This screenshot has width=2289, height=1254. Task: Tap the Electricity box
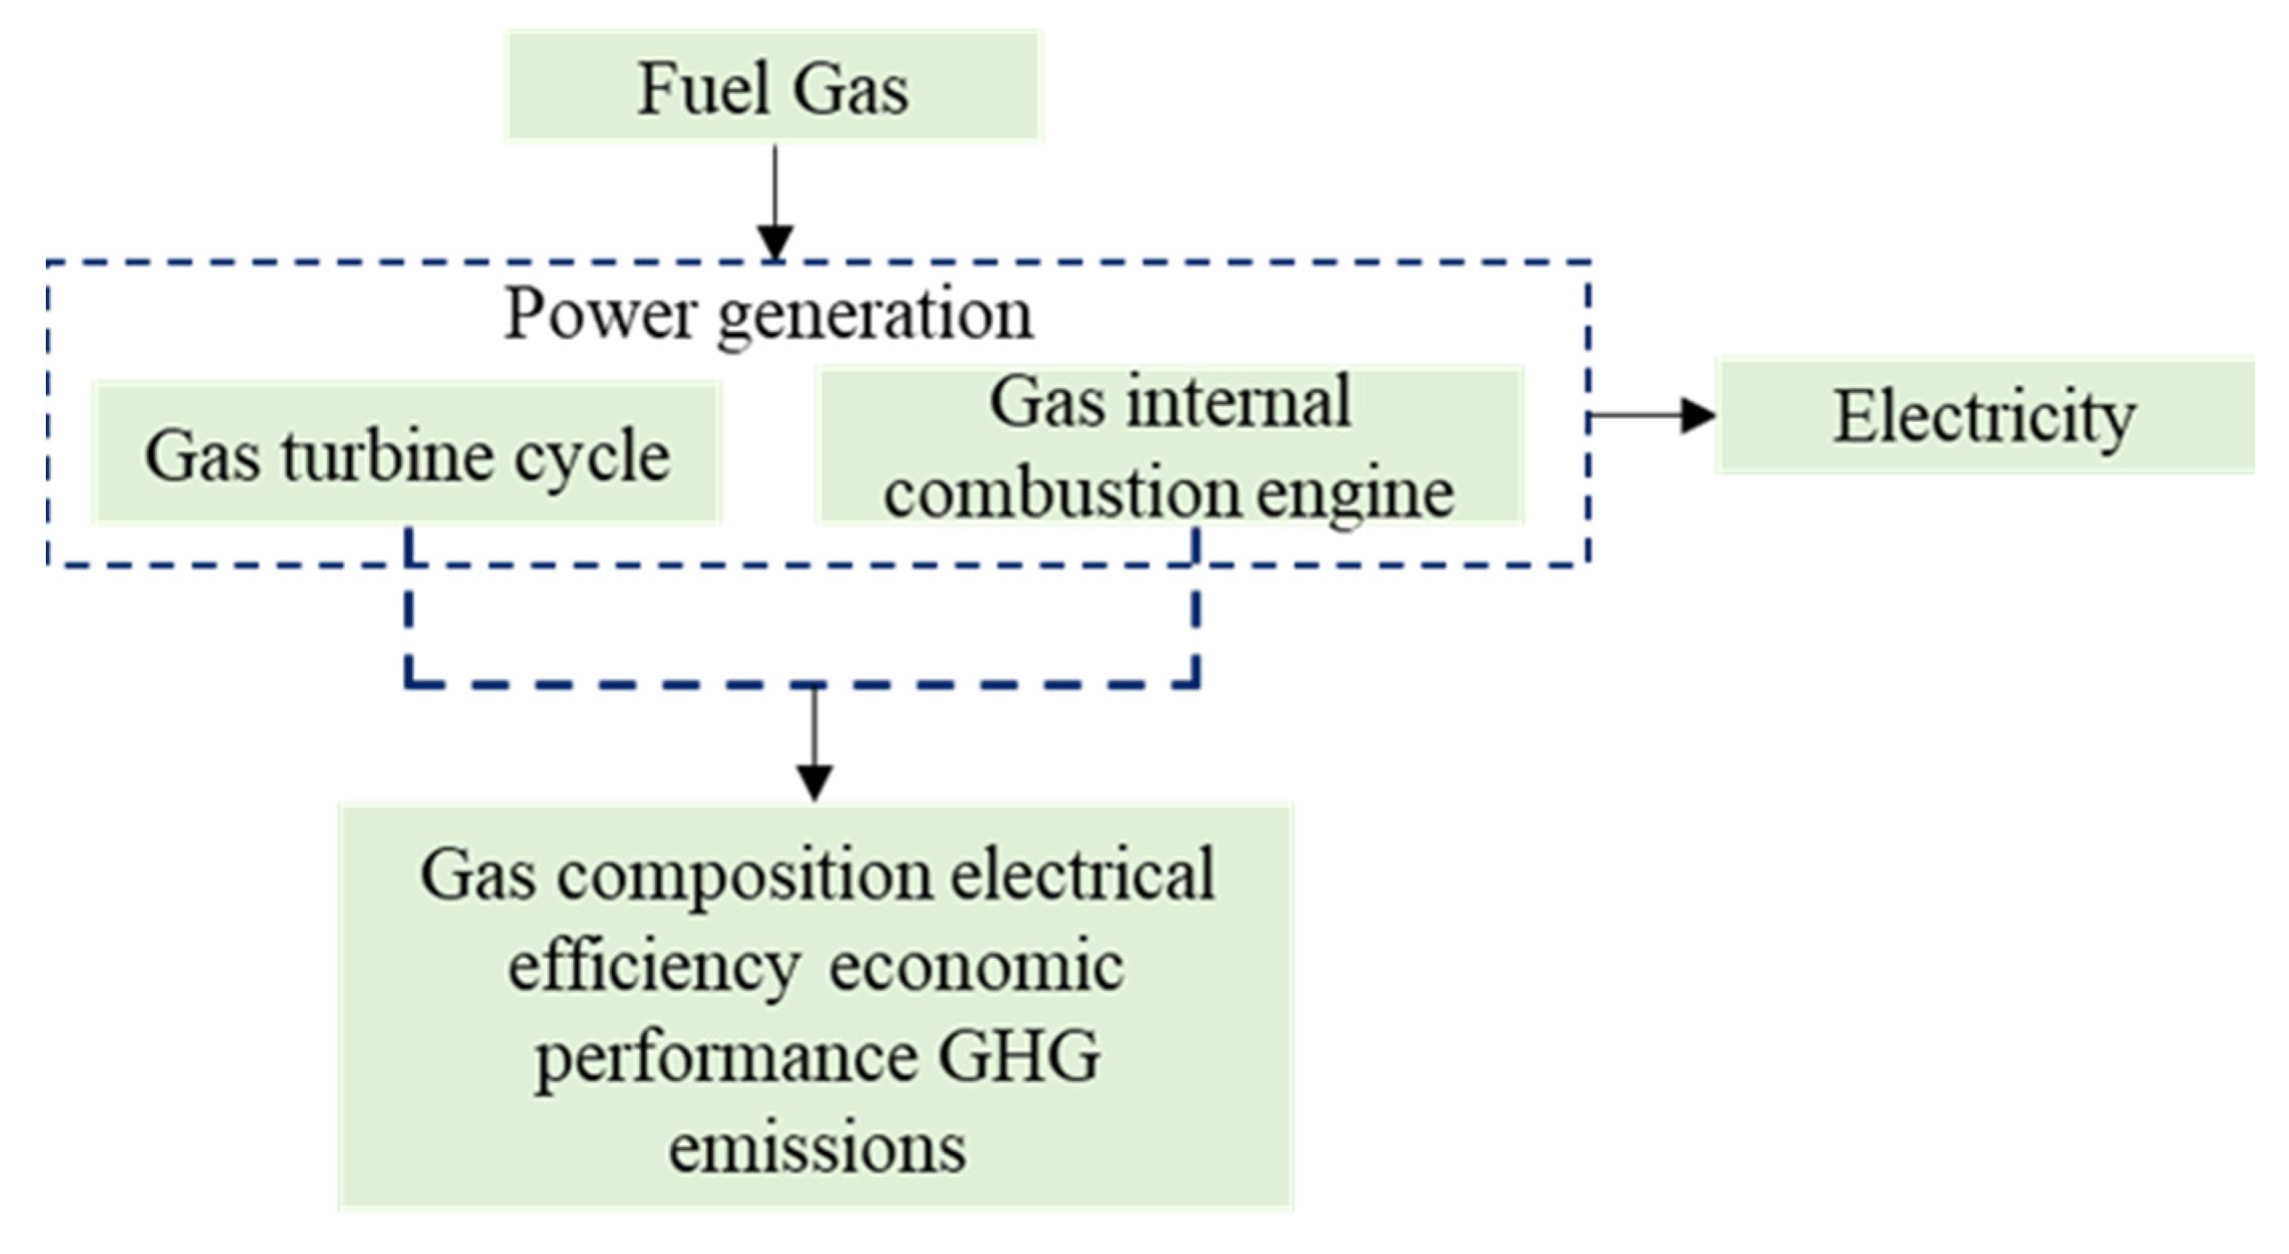point(1984,416)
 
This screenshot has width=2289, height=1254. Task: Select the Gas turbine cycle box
point(407,454)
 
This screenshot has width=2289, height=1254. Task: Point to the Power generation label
point(768,313)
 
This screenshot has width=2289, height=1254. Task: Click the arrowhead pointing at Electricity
point(1698,415)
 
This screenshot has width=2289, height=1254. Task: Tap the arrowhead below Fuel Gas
point(775,242)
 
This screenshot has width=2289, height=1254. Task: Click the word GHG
point(1019,1055)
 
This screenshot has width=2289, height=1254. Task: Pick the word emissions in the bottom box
point(817,1147)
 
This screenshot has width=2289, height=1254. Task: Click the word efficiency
point(653,967)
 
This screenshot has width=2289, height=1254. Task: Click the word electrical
point(1083,874)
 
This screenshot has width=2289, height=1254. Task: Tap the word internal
point(1239,402)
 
